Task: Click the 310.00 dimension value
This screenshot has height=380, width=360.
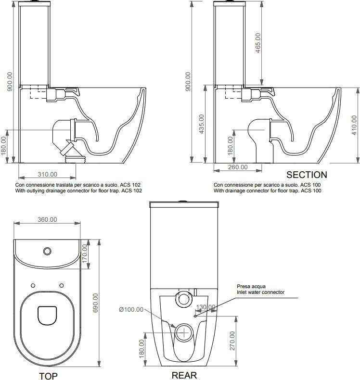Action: (48, 174)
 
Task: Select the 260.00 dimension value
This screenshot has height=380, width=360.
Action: (238, 167)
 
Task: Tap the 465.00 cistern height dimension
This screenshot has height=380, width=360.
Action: (258, 43)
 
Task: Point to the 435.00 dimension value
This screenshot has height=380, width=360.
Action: (202, 124)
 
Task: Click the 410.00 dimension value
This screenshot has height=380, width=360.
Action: (354, 125)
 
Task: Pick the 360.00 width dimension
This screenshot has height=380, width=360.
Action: (47, 219)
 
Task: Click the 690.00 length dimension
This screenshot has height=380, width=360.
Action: (95, 303)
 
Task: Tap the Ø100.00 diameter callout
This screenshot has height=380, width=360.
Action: (131, 309)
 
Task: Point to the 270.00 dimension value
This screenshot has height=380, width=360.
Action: (232, 341)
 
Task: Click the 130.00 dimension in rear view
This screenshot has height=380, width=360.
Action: (206, 307)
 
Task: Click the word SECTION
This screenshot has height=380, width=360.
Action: (307, 175)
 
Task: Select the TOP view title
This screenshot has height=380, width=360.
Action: (49, 376)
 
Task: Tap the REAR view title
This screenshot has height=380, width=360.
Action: (184, 375)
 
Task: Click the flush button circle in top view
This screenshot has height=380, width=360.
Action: (47, 251)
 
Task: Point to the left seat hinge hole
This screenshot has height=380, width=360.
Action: (33, 286)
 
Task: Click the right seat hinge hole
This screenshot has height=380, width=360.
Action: (62, 286)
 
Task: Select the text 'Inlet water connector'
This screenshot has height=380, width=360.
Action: (260, 292)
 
